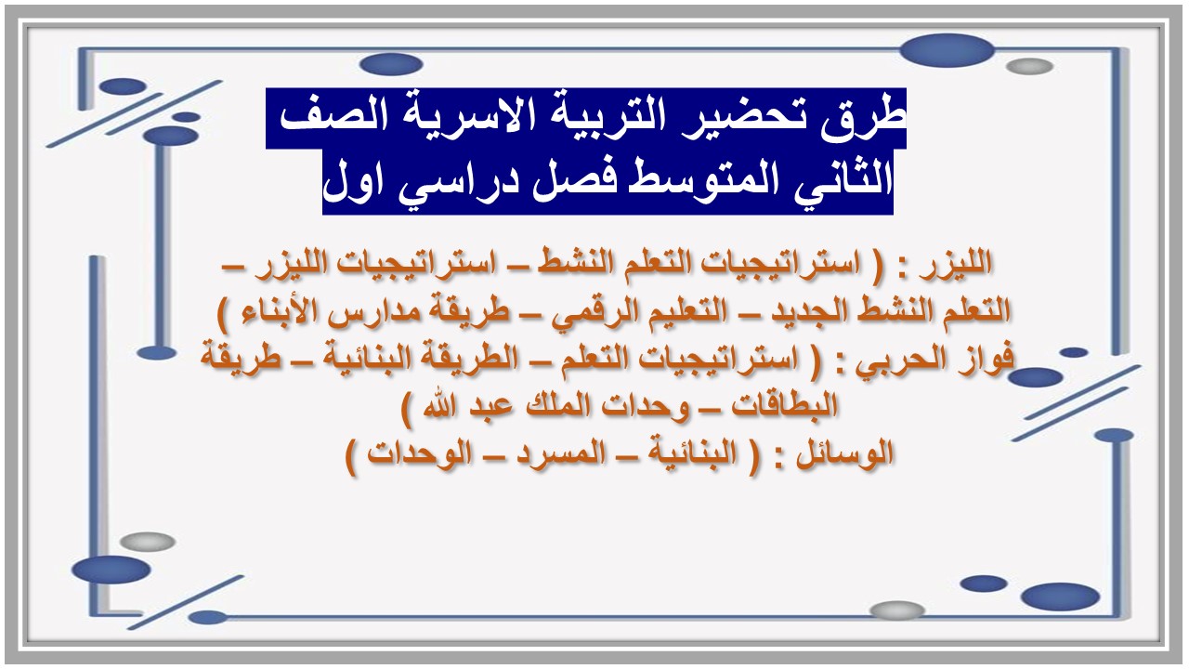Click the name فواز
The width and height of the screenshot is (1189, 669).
[x=983, y=359]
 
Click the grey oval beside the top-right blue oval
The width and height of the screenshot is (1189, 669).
[x=1029, y=67]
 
